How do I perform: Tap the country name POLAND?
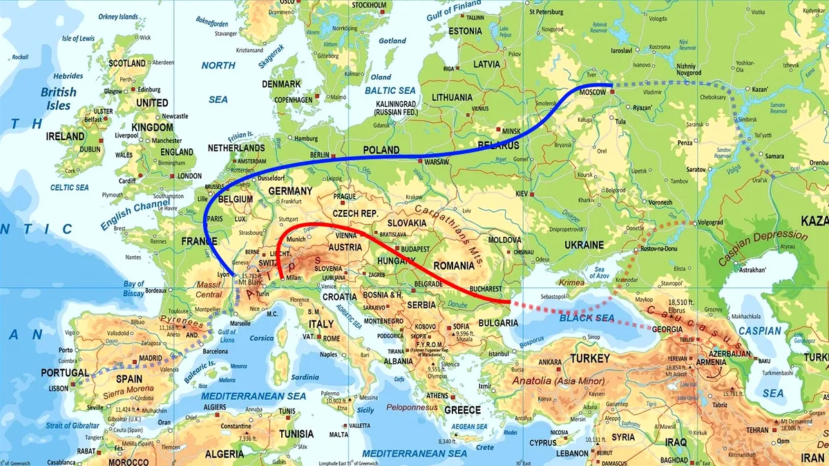[x=382, y=150]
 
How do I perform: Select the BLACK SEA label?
[x=587, y=318]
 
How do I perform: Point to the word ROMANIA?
[x=455, y=266]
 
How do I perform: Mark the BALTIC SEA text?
[x=390, y=90]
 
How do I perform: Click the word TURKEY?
[x=589, y=358]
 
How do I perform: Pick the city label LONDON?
[x=189, y=176]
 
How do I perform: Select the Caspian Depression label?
[x=763, y=248]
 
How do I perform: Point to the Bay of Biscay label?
[x=134, y=289]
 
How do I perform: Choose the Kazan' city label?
[x=760, y=90]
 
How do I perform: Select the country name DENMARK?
[x=281, y=84]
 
